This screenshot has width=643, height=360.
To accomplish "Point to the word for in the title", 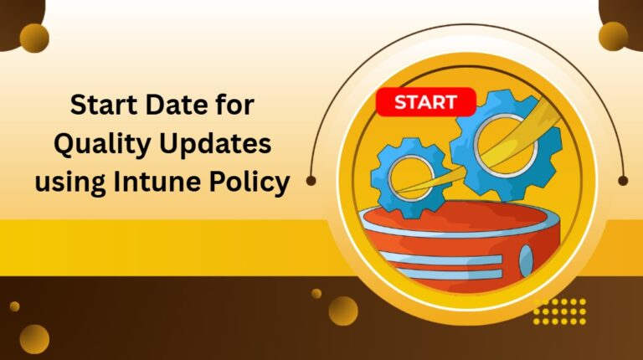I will tap(234, 107).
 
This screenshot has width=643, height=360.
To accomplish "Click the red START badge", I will tap(425, 103).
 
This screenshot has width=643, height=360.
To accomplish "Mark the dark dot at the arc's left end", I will tap(311, 180).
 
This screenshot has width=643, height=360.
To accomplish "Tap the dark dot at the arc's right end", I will tap(623, 180).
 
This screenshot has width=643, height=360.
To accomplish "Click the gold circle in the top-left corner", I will tap(34, 38).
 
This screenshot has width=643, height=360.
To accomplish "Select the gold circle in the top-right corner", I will tap(613, 36).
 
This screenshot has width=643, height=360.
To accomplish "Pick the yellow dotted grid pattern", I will tap(559, 311).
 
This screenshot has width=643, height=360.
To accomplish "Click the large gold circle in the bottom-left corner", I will tap(34, 339).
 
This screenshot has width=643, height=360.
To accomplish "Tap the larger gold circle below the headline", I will tap(342, 311).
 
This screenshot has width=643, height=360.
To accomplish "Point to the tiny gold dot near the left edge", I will tap(14, 306).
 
